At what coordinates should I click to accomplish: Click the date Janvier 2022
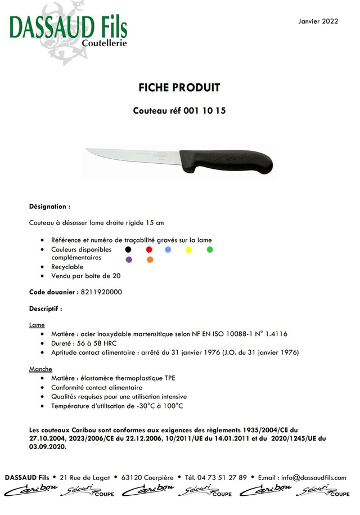(x=318, y=21)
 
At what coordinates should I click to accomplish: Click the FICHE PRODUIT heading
(x=179, y=88)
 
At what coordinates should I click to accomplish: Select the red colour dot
(x=149, y=249)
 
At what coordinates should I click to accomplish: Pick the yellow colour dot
(x=189, y=249)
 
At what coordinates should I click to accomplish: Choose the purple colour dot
(x=129, y=259)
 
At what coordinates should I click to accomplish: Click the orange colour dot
(x=150, y=259)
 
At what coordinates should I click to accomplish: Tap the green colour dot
(x=210, y=249)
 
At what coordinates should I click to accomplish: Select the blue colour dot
(x=168, y=249)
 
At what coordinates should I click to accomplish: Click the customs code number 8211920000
(x=101, y=292)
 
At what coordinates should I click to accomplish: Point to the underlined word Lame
(x=37, y=325)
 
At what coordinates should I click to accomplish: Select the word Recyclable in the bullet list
(x=67, y=267)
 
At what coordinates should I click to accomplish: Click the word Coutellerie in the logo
(x=105, y=43)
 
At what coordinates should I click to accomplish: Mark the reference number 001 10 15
(x=205, y=111)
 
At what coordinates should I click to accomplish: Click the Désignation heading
(x=49, y=207)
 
